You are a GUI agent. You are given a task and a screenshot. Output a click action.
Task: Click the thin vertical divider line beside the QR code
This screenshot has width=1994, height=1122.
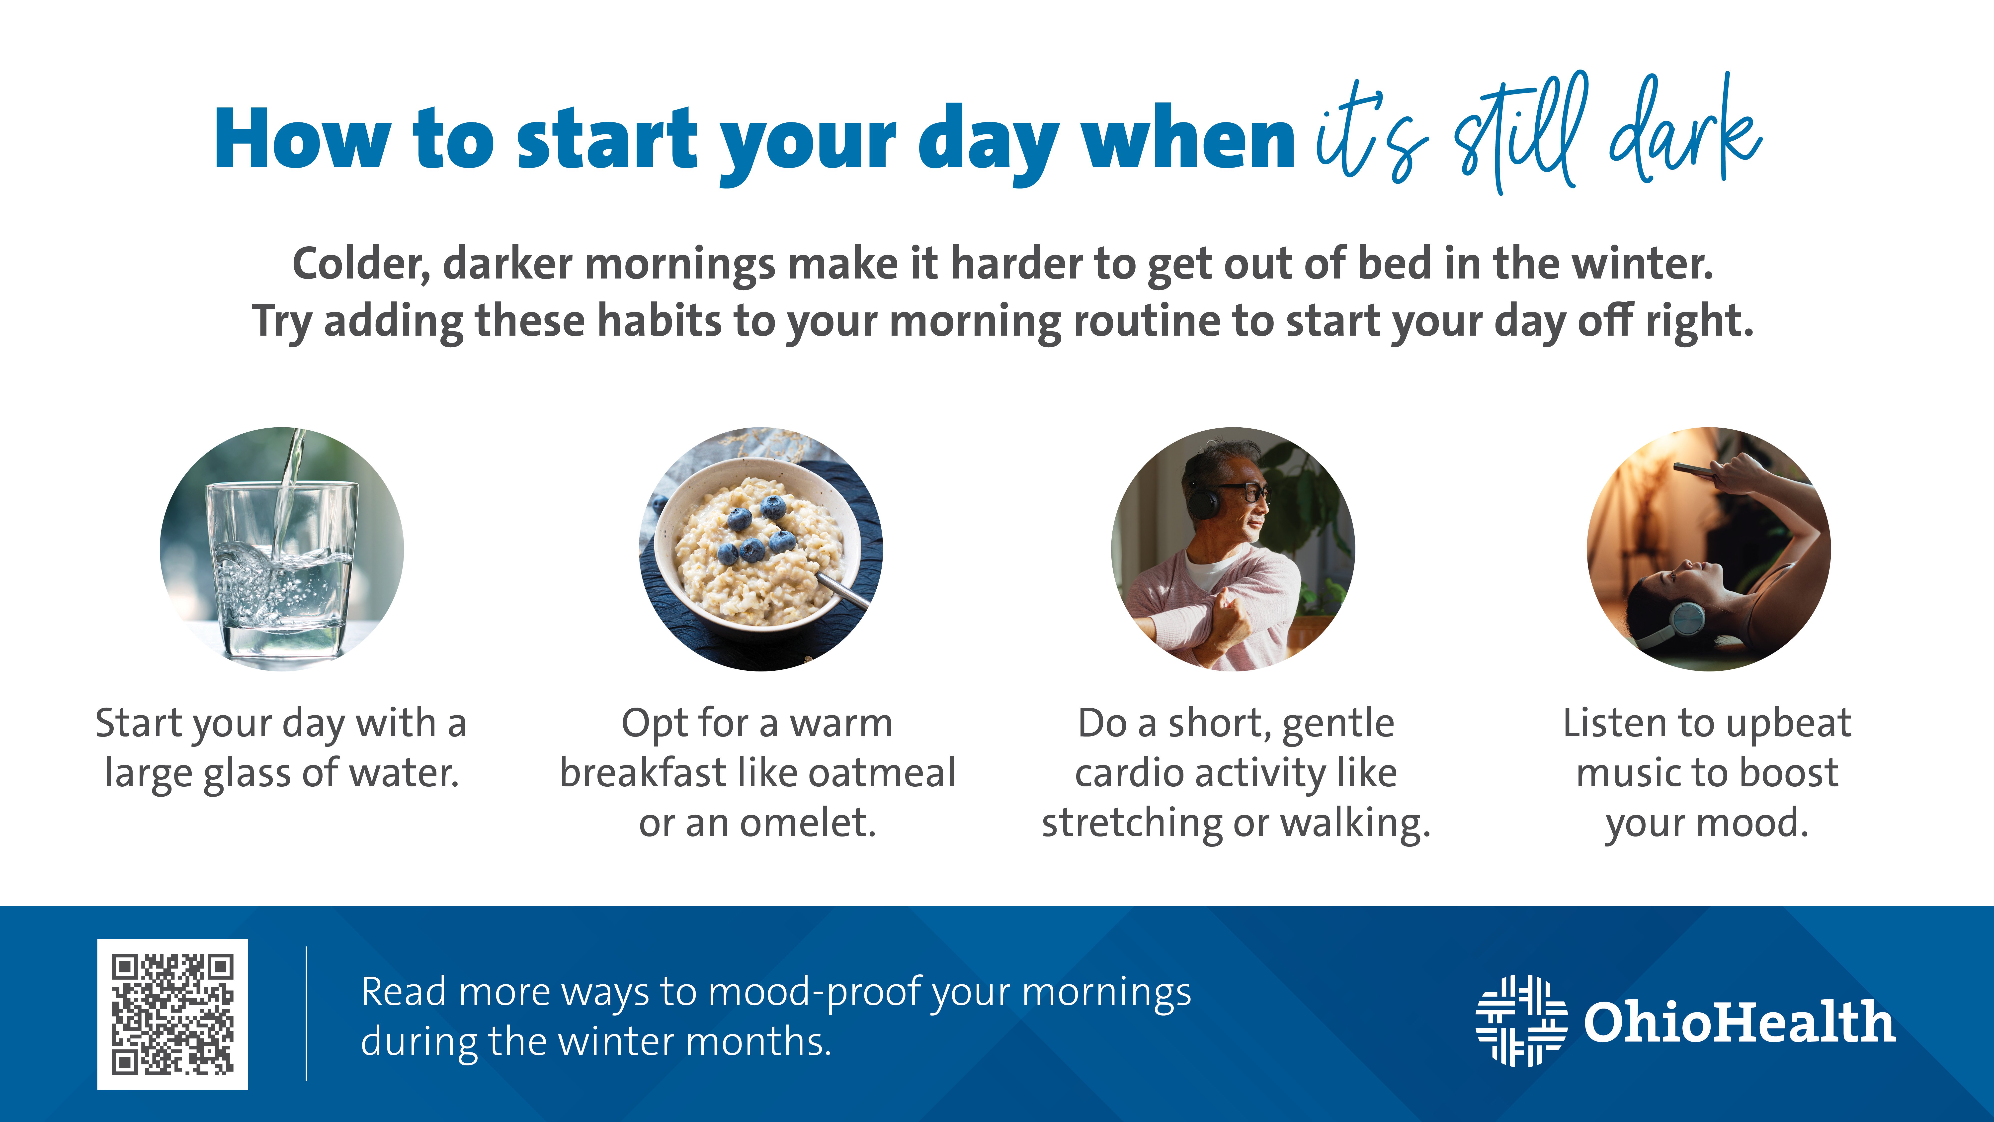pos(307,1014)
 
